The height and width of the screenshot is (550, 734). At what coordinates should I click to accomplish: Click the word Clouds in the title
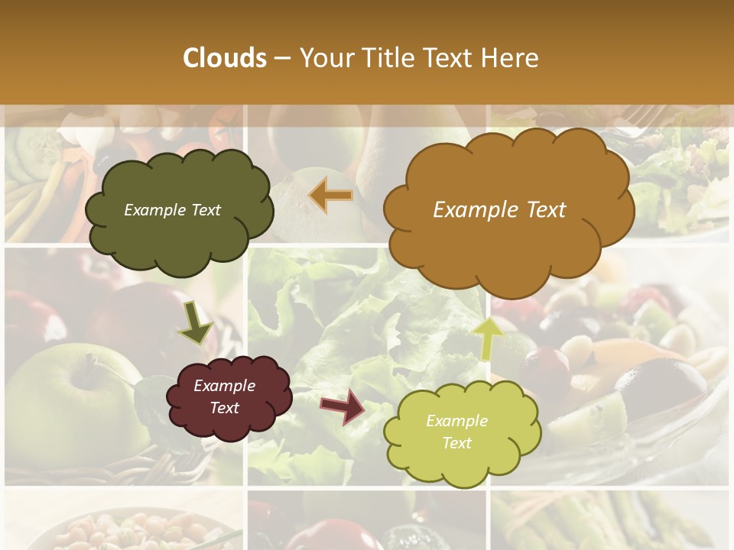pyautogui.click(x=225, y=58)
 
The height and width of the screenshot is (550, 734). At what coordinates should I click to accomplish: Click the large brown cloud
pyautogui.click(x=508, y=210)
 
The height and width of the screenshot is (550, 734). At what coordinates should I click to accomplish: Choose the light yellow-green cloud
pyautogui.click(x=461, y=432)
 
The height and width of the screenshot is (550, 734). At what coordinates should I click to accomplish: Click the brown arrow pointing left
pyautogui.click(x=331, y=196)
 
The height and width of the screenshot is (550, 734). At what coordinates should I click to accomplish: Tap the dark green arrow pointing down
pyautogui.click(x=195, y=322)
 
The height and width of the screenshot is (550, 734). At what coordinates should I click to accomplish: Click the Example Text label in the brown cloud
pyautogui.click(x=499, y=210)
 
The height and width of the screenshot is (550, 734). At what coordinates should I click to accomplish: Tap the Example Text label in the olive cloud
pyautogui.click(x=172, y=210)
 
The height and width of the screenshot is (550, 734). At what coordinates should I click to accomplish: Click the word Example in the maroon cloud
pyautogui.click(x=224, y=386)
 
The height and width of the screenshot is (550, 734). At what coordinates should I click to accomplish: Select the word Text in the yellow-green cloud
pyautogui.click(x=456, y=443)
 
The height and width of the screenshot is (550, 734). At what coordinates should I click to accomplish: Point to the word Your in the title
pyautogui.click(x=323, y=58)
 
